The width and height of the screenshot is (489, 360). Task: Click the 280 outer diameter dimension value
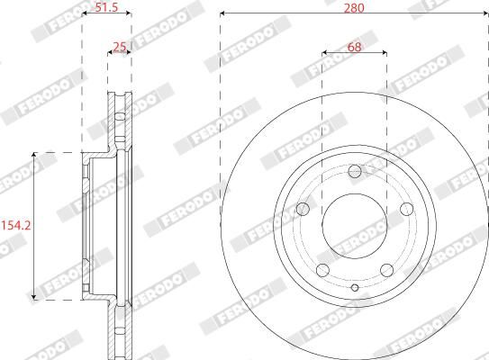pyautogui.click(x=354, y=7)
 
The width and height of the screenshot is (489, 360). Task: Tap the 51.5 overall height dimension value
pyautogui.click(x=107, y=7)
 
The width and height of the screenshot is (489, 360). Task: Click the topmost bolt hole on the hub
pyautogui.click(x=354, y=171)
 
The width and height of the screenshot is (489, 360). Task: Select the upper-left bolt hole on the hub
pyautogui.click(x=303, y=209)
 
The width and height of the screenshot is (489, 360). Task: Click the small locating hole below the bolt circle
pyautogui.click(x=354, y=288)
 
